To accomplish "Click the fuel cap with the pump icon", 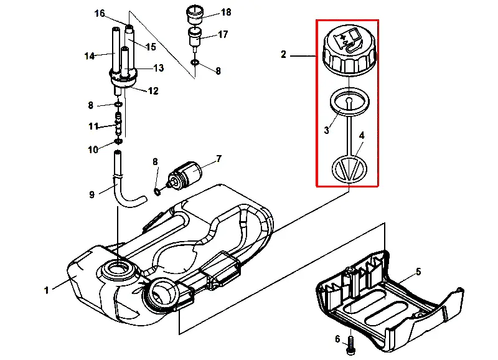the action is point(350,51).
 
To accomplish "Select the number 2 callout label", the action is point(284,55).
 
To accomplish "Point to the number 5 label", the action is point(418,272).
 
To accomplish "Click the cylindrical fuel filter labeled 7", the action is point(185,175).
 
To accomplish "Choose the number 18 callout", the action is point(226,12).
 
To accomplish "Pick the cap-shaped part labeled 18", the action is point(194,14).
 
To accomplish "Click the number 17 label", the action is point(223,34).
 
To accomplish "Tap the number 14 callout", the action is point(89,56).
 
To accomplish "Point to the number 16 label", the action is point(100,13).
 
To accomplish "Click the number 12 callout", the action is point(153,91).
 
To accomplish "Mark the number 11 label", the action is point(93,126).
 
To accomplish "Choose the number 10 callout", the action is point(93,149).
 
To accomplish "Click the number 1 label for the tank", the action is point(47,290).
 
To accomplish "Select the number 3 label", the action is point(327,130).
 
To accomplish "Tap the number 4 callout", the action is point(362,136).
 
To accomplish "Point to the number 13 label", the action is point(159,68).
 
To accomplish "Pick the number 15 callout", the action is point(151,47).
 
